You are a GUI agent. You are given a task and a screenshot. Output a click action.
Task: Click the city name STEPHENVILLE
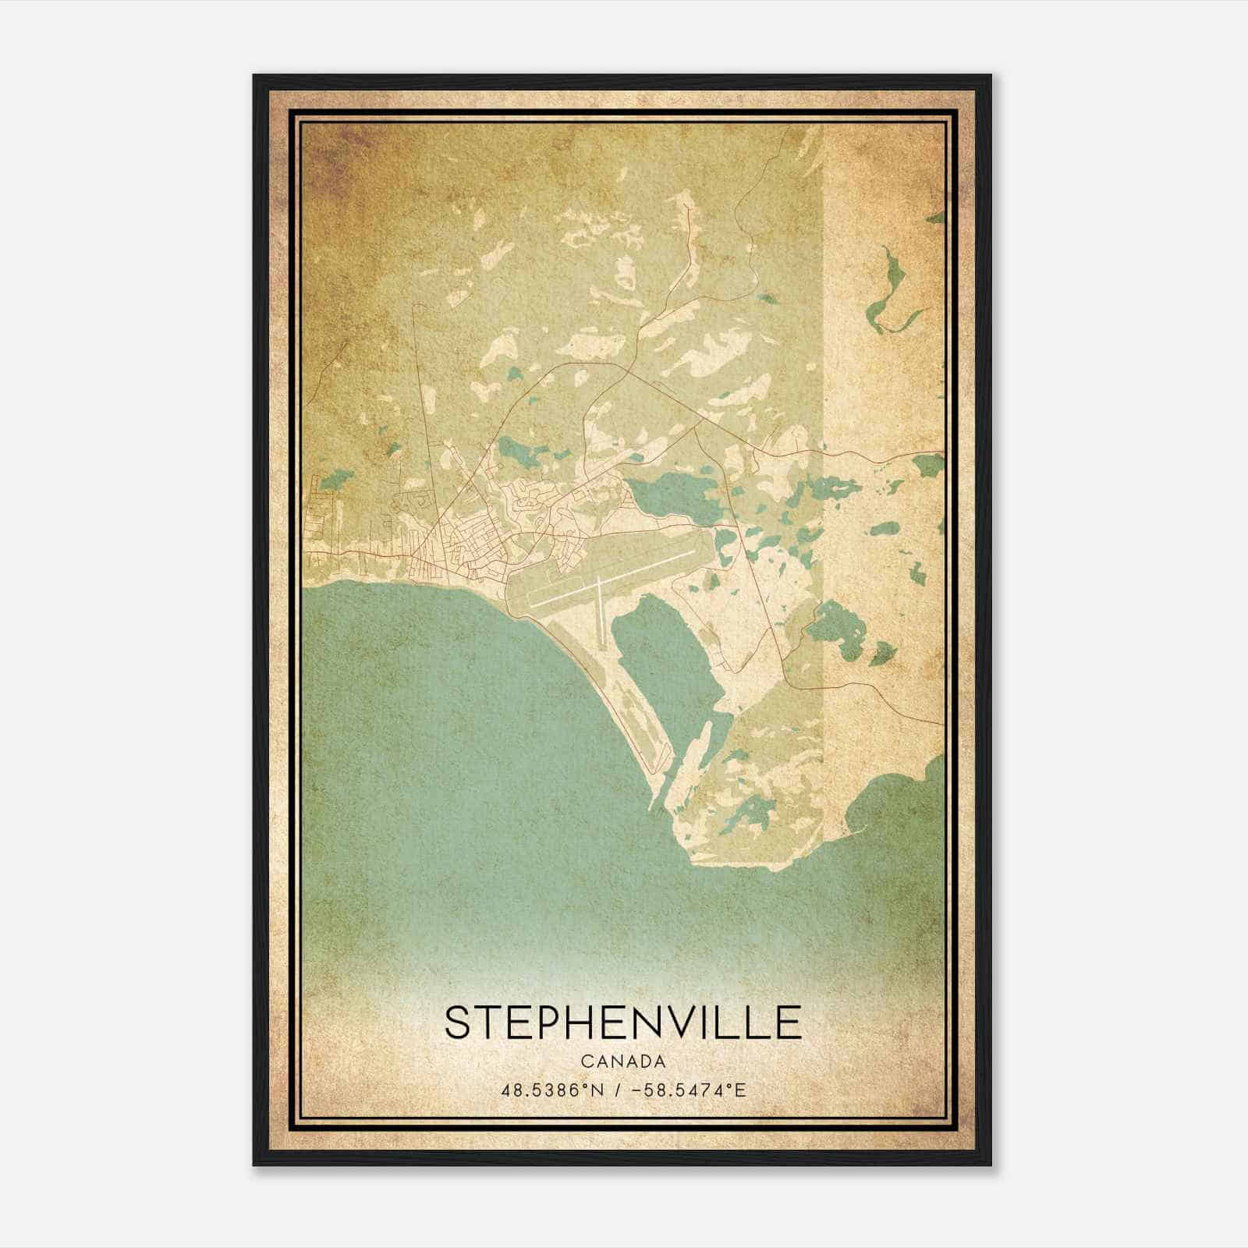tap(622, 1022)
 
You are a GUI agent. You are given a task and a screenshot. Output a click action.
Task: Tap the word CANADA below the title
tap(623, 1062)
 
